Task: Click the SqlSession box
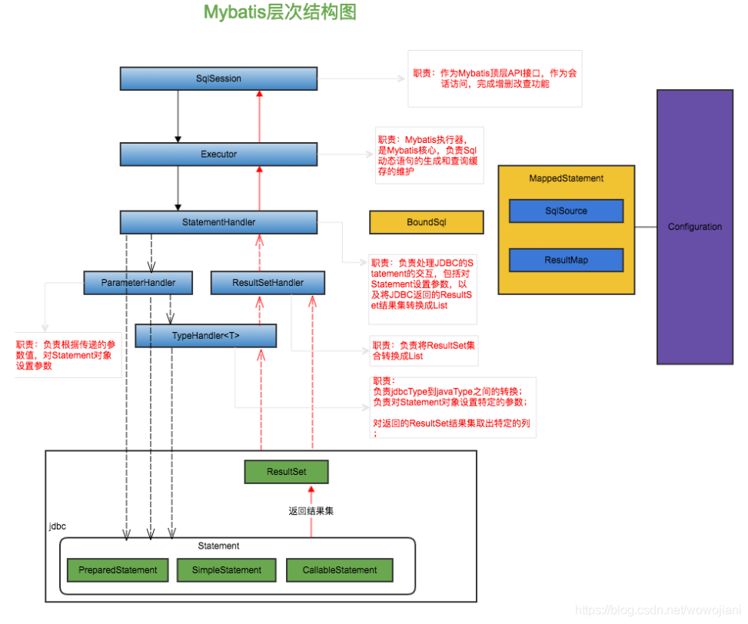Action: [x=218, y=78]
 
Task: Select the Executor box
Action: [x=218, y=154]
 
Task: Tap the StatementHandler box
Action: [x=218, y=222]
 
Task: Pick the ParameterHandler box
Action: [x=138, y=283]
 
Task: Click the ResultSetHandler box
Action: [x=268, y=283]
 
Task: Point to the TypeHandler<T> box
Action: [x=205, y=336]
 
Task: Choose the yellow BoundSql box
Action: [x=427, y=222]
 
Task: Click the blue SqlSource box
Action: [x=567, y=211]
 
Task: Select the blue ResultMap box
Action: [x=567, y=260]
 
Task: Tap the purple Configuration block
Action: [x=695, y=227]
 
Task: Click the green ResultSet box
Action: [x=286, y=471]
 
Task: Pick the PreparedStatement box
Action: [x=118, y=570]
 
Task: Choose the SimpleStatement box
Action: [x=227, y=570]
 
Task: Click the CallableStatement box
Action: [x=340, y=570]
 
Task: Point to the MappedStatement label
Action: [x=567, y=178]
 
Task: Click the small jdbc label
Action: [x=57, y=526]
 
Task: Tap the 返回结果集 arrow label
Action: [x=311, y=511]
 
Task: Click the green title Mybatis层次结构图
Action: [x=280, y=12]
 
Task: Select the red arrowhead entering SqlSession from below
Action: [x=260, y=94]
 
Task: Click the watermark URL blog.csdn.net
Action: [x=658, y=609]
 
